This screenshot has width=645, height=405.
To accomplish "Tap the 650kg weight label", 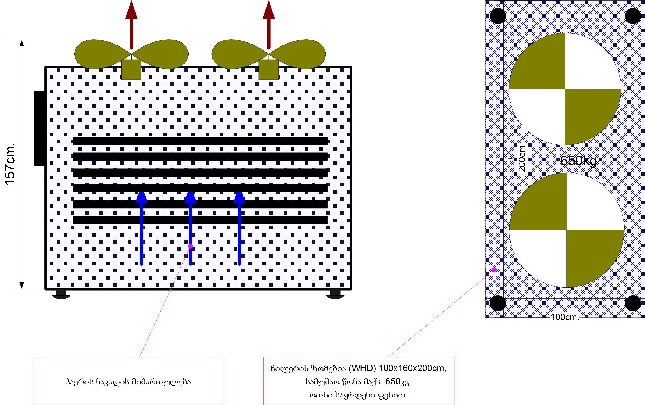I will click(x=578, y=161).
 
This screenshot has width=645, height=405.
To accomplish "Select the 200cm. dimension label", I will click(x=522, y=158).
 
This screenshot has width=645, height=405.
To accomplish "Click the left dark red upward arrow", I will click(x=131, y=24).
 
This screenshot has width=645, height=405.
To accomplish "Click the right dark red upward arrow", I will click(x=269, y=24).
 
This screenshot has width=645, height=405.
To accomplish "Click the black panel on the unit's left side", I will click(x=39, y=129).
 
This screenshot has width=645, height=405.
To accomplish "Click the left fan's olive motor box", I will click(x=131, y=70).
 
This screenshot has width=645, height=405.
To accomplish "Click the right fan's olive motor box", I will click(x=269, y=70).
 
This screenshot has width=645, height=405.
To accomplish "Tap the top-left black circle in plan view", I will click(x=498, y=16).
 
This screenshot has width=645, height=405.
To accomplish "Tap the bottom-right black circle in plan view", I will click(x=633, y=303).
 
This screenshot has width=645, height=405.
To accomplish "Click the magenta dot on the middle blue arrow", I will click(x=190, y=246).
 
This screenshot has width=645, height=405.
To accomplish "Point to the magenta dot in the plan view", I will click(x=494, y=270).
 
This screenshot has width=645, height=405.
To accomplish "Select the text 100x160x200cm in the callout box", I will click(x=412, y=368).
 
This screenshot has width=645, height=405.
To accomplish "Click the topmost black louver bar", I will click(x=200, y=141).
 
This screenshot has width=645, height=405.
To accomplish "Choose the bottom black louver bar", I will click(x=200, y=220).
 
